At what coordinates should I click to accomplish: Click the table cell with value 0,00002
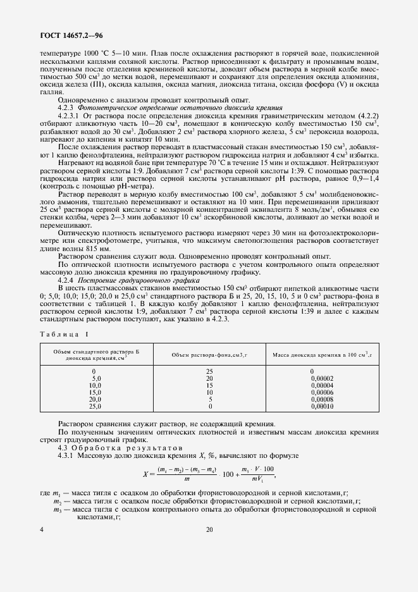[x=322, y=378]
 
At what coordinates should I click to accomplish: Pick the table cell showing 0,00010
[x=322, y=406]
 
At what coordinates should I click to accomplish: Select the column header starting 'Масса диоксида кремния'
[x=322, y=354]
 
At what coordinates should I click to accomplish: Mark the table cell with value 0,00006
[x=322, y=392]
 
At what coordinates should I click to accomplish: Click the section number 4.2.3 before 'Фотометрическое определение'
[x=66, y=108]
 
